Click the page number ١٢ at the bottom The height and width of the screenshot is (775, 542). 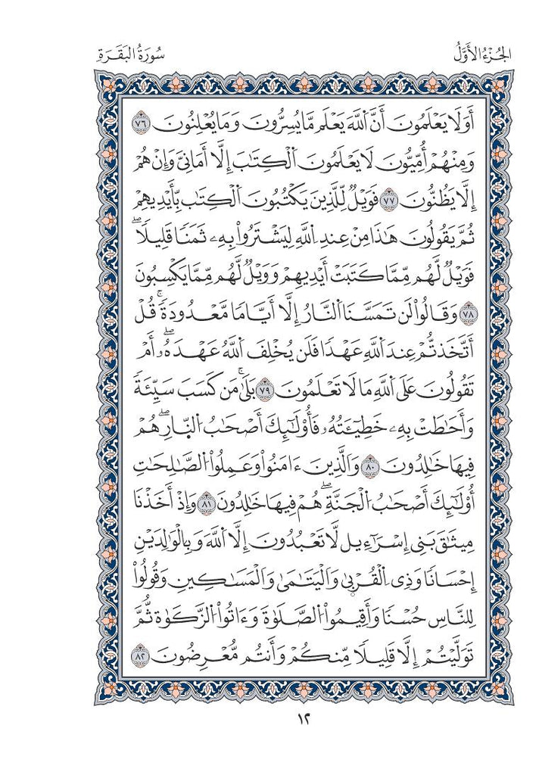pyautogui.click(x=270, y=717)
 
